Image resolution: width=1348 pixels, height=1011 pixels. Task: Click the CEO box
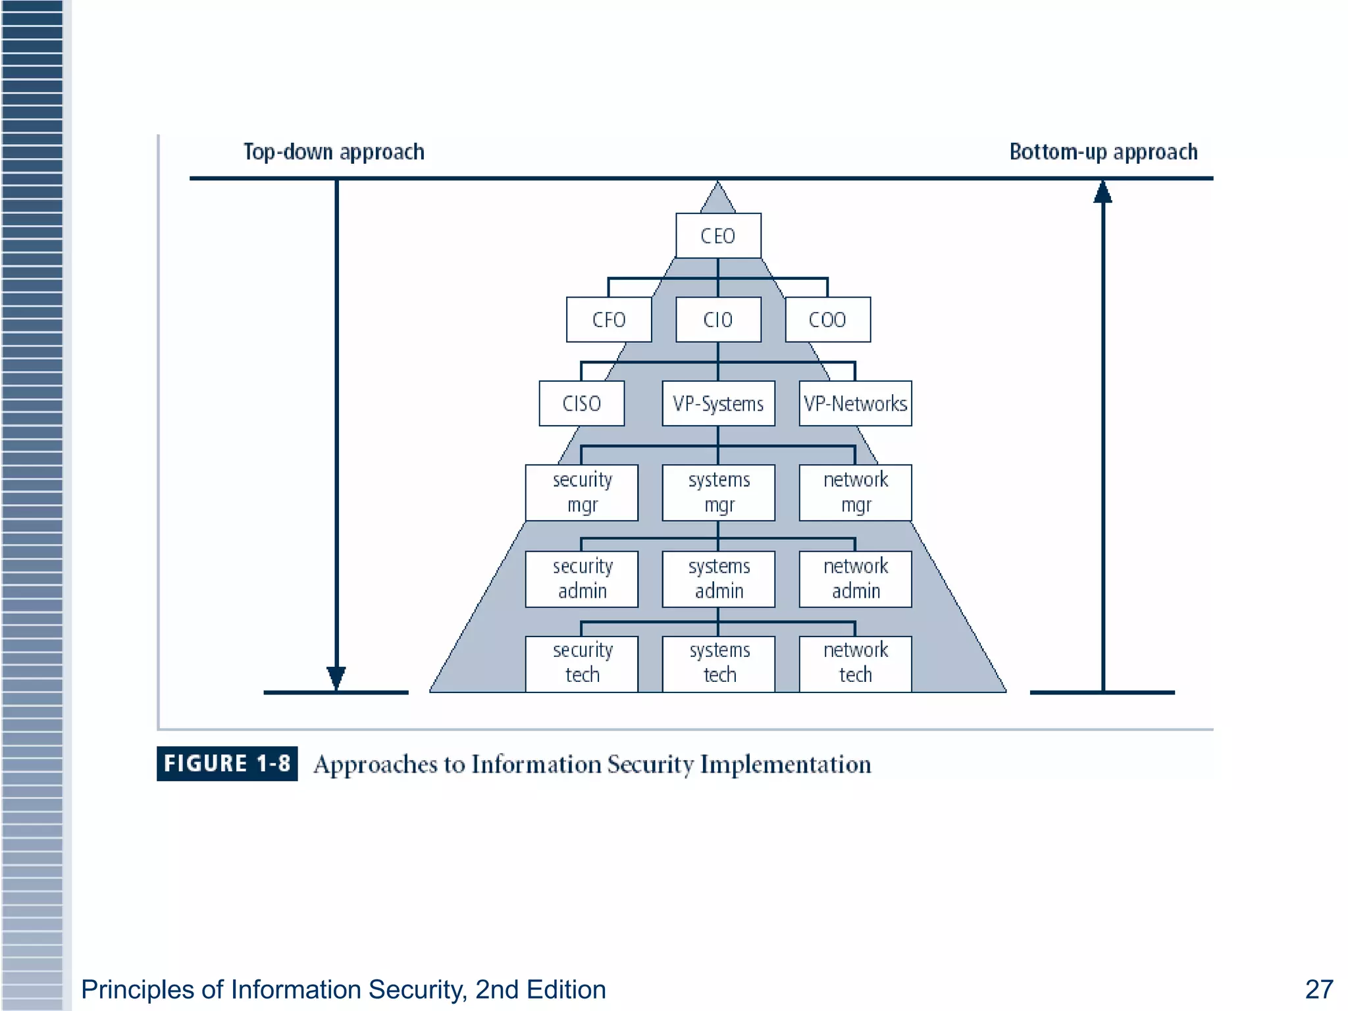pyautogui.click(x=718, y=236)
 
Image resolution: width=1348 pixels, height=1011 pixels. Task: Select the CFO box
pyautogui.click(x=609, y=320)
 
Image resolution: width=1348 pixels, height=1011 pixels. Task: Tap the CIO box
pyautogui.click(x=718, y=320)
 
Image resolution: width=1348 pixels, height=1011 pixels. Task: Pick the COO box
pyautogui.click(x=827, y=320)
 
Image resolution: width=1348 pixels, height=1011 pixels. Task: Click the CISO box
pyautogui.click(x=582, y=403)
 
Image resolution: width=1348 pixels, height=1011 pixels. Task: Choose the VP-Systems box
pyautogui.click(x=718, y=403)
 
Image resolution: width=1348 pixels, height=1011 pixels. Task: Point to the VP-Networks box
pyautogui.click(x=855, y=403)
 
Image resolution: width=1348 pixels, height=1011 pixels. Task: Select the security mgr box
pyautogui.click(x=582, y=492)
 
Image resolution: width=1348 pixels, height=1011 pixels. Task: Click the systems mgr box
pyautogui.click(x=718, y=492)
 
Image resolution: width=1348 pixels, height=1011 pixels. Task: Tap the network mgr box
pyautogui.click(x=855, y=492)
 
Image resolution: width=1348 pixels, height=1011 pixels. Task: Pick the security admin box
pyautogui.click(x=582, y=579)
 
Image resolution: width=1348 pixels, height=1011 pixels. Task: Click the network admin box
pyautogui.click(x=855, y=579)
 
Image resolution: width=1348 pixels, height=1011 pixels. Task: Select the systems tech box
pyautogui.click(x=718, y=663)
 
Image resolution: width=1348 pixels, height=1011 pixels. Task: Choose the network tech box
pyautogui.click(x=855, y=663)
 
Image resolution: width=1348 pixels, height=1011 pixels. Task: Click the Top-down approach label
pyautogui.click(x=334, y=152)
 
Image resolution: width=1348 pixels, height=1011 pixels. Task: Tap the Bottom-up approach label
pyautogui.click(x=1103, y=152)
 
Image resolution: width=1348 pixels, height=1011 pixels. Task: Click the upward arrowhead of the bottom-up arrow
pyautogui.click(x=1103, y=192)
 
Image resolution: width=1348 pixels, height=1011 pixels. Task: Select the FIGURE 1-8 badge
pyautogui.click(x=227, y=764)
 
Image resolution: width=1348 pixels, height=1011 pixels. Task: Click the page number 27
pyautogui.click(x=1318, y=989)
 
